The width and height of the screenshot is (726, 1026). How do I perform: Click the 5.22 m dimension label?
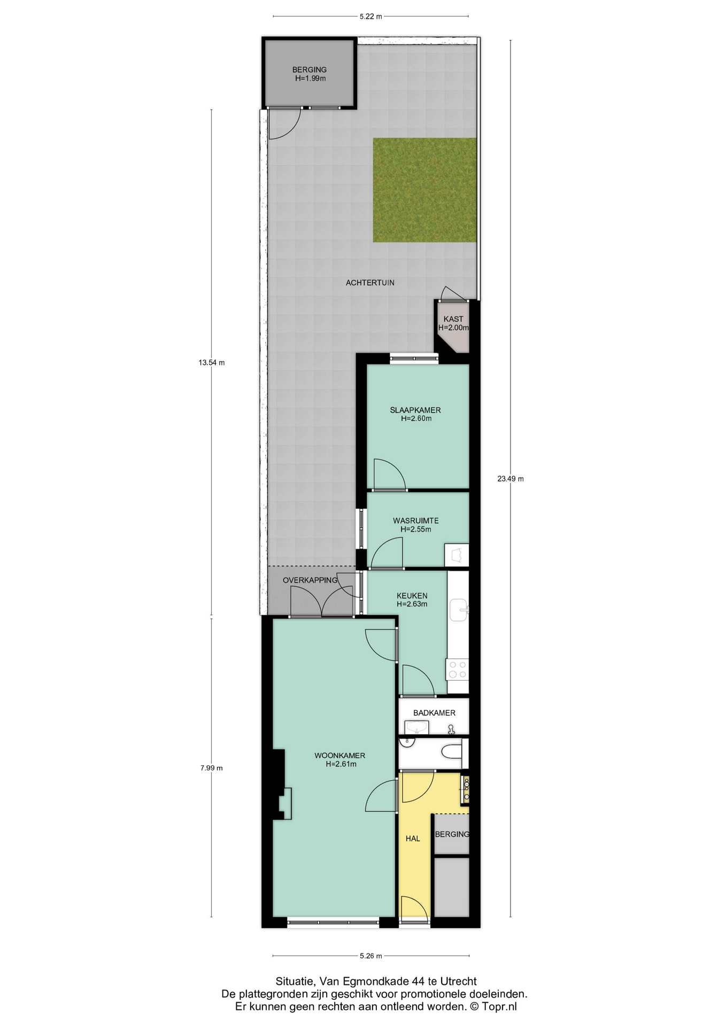[x=370, y=16]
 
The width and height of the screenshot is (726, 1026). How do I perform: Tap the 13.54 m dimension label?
[x=211, y=362]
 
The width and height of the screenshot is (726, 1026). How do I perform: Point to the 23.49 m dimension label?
[x=511, y=478]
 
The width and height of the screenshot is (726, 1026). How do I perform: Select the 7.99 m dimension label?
[x=211, y=768]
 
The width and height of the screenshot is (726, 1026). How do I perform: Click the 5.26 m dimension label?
[x=370, y=956]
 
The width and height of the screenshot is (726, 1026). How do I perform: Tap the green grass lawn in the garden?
[x=424, y=190]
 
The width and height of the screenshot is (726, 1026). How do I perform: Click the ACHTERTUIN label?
[x=370, y=282]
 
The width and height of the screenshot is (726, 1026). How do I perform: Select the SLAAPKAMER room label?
[x=415, y=410]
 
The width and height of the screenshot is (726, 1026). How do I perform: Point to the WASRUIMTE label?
[x=415, y=520]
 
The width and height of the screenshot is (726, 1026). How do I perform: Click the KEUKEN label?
[x=412, y=595]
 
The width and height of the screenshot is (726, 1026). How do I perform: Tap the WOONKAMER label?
[x=339, y=756]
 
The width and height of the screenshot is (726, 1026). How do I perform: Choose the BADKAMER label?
[x=434, y=713]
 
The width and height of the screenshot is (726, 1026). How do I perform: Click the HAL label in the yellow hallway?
[x=413, y=838]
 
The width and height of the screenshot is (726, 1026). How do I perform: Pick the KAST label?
[x=453, y=319]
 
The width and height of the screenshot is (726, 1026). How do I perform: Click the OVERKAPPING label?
[x=310, y=580]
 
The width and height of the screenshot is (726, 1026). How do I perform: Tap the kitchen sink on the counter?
[x=459, y=610]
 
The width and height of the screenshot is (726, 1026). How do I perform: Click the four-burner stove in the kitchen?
[x=458, y=669]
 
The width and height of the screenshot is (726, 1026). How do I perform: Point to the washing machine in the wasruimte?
[x=457, y=555]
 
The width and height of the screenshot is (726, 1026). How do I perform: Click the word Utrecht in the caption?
[x=458, y=981]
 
